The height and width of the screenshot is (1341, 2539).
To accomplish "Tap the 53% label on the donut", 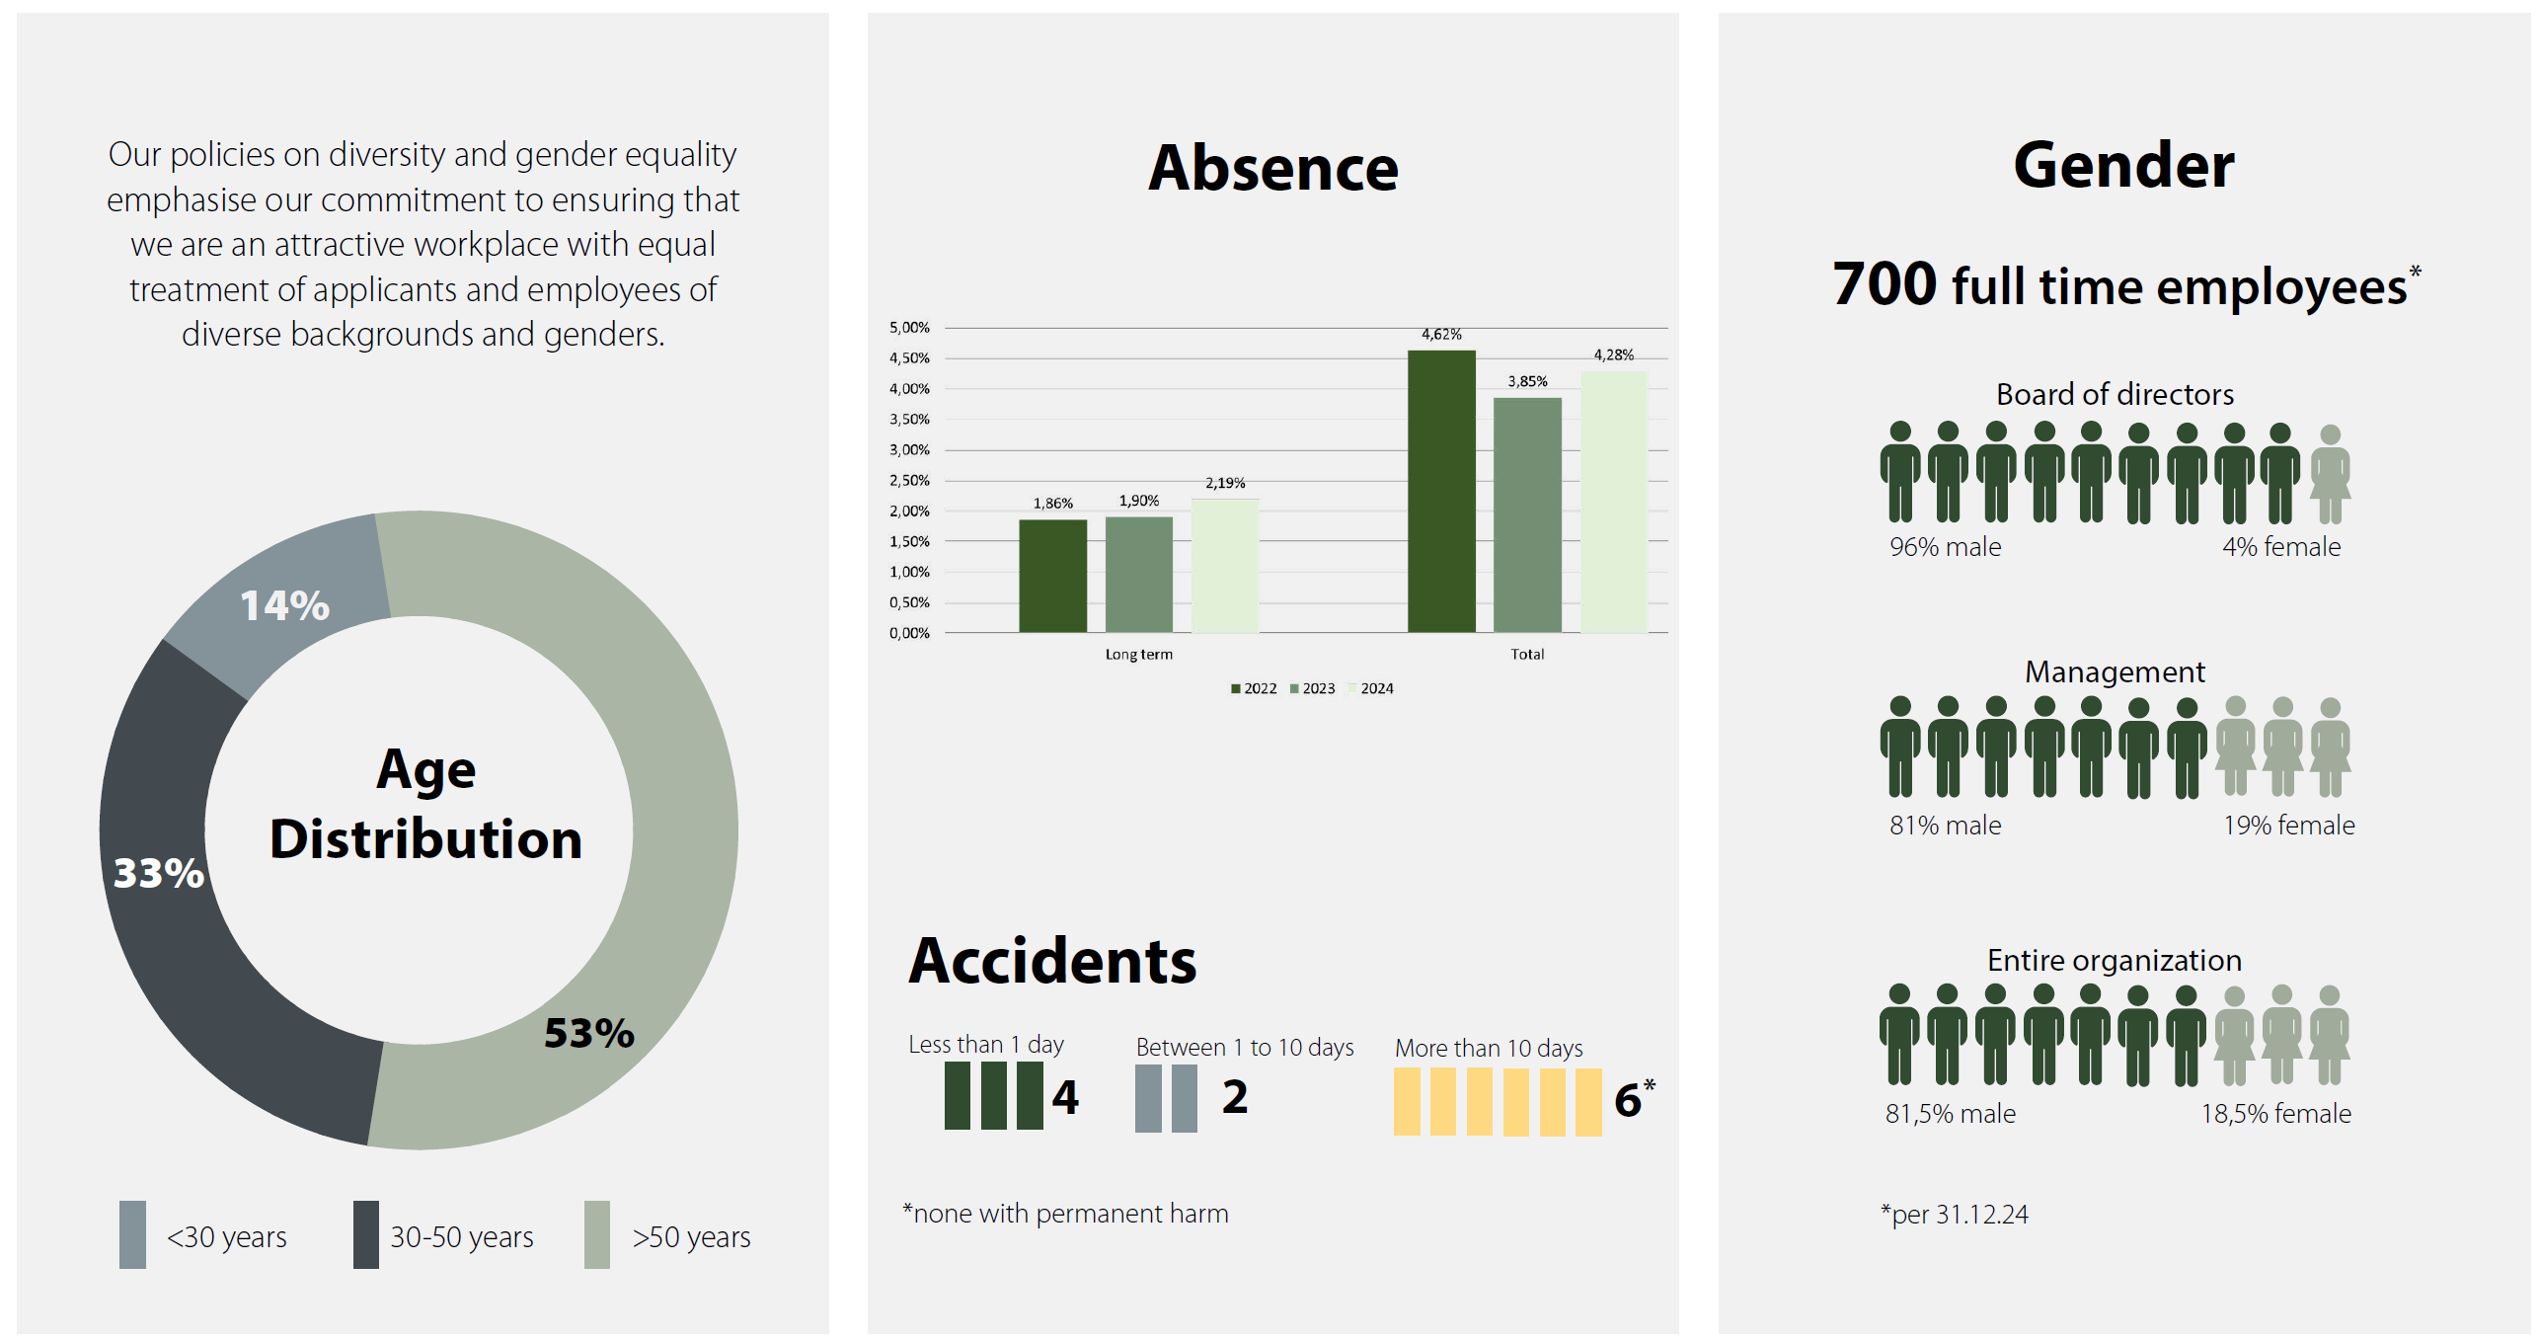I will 589,1033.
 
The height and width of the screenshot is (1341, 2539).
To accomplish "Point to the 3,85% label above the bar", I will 1526,381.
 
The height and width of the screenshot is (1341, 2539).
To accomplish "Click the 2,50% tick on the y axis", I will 909,481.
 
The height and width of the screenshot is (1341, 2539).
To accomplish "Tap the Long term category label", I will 1138,654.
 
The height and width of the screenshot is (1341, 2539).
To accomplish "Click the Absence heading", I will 1272,168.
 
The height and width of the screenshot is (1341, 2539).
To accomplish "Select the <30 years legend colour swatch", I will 132,1234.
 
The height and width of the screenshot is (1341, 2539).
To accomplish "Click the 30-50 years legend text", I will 461,1236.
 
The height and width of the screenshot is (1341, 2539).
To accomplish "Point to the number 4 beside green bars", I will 1065,1096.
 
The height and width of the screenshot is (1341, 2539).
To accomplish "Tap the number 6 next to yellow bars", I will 1627,1100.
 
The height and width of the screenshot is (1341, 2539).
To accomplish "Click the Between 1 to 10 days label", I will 1244,1047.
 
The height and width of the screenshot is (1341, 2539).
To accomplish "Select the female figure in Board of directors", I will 2330,474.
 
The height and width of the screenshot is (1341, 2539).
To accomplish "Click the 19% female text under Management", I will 2287,825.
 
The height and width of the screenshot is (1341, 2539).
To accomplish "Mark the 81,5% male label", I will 1950,1114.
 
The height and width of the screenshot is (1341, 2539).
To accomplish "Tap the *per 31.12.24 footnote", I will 1954,1214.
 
